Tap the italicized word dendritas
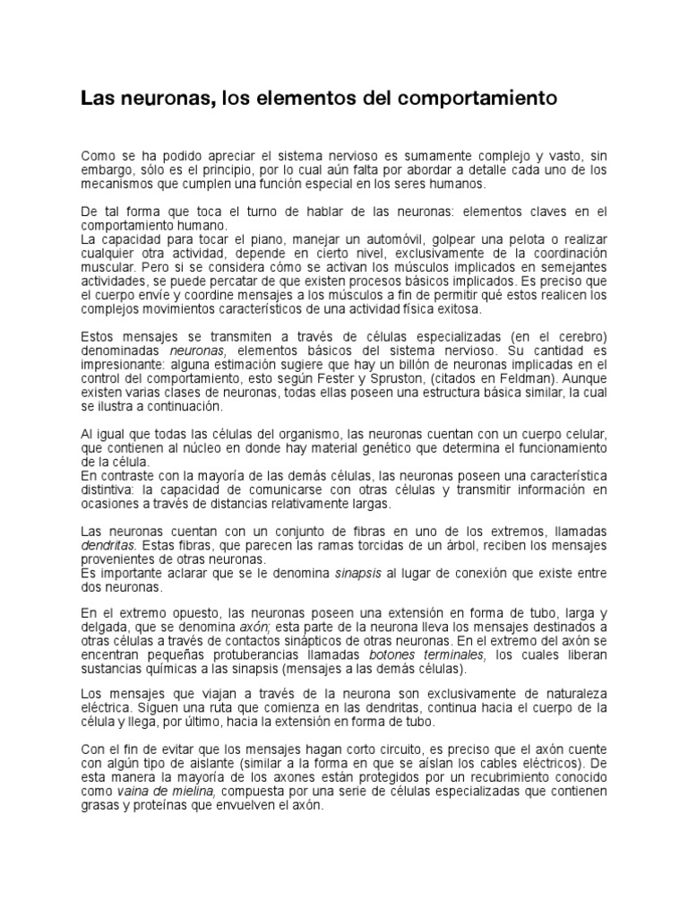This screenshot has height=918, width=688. coord(108,544)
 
